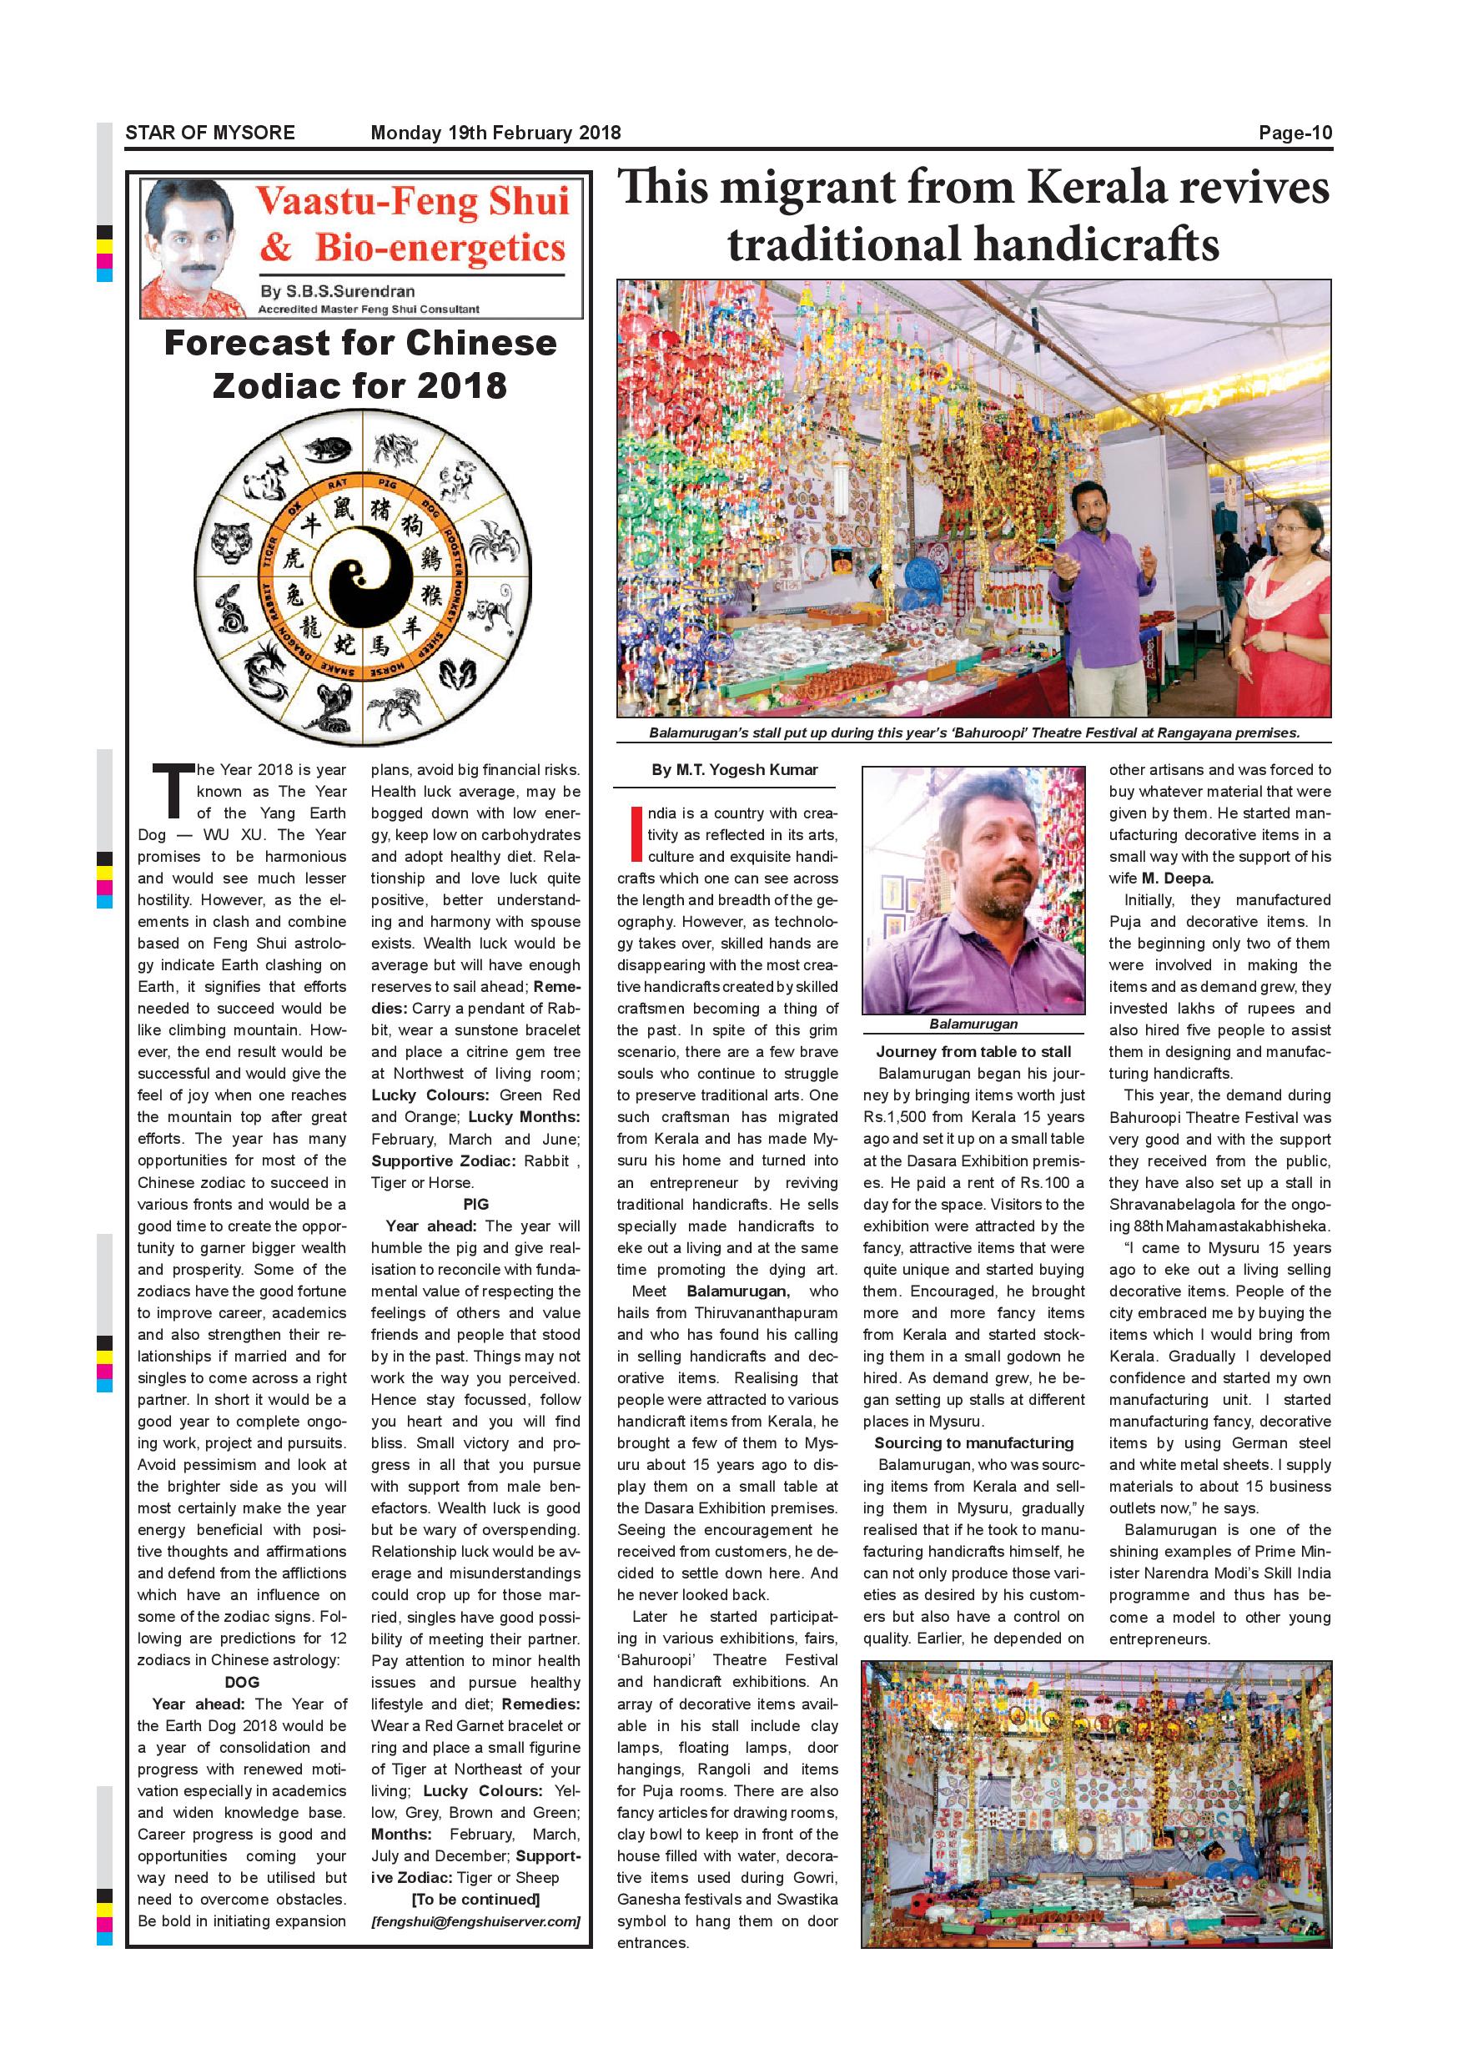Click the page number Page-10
coord(1295,133)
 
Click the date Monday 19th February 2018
coord(495,133)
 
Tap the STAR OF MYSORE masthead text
coord(210,133)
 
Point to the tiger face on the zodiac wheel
coord(235,542)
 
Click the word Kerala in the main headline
coord(1111,189)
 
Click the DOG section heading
coord(241,1682)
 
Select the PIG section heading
coord(475,1204)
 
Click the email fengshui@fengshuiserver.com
coord(475,1921)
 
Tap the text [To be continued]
coord(475,1900)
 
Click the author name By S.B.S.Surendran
coord(338,292)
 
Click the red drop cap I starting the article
coord(638,833)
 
